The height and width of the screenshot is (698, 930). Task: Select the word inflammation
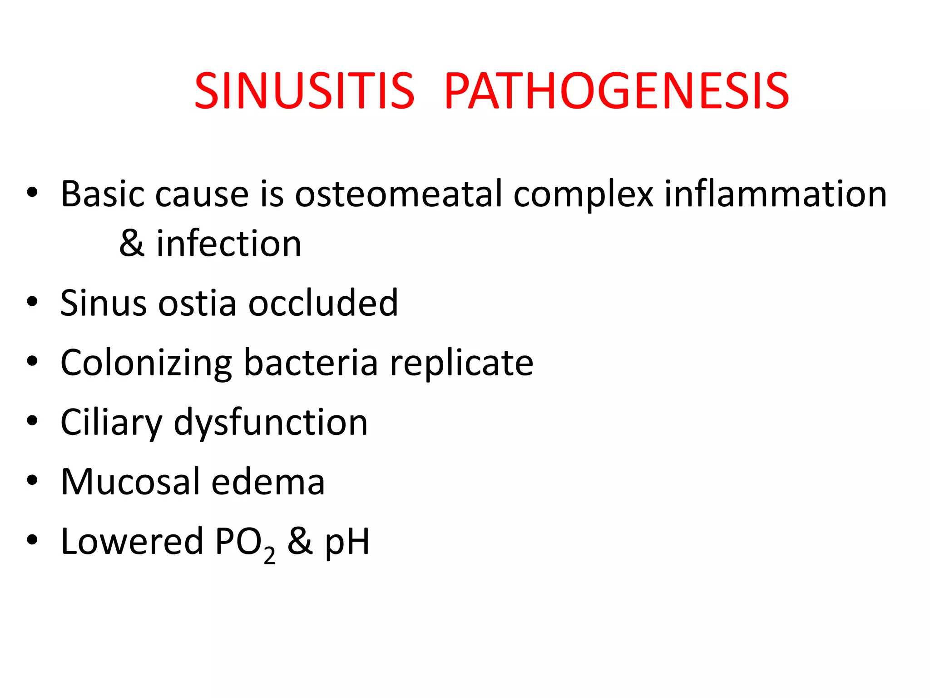(x=776, y=194)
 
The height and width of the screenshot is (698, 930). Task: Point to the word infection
(x=229, y=244)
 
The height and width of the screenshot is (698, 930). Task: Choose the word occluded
(x=323, y=303)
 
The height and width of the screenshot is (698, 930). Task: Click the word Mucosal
(x=130, y=482)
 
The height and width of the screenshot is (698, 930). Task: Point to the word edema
(x=268, y=482)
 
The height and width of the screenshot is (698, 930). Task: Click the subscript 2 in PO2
(x=269, y=555)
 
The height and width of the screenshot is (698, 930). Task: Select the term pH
(x=347, y=542)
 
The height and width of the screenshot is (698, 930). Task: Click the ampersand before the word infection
(x=132, y=244)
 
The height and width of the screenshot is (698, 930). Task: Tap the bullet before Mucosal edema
(x=32, y=480)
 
